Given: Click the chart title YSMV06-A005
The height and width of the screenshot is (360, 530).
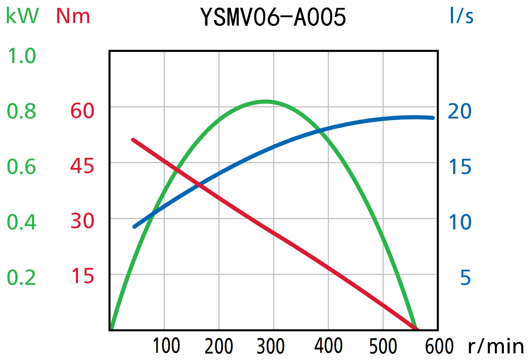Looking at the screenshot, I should [273, 17].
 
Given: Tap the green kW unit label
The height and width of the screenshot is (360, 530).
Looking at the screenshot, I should [22, 16].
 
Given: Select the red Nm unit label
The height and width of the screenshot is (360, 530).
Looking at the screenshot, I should [73, 16].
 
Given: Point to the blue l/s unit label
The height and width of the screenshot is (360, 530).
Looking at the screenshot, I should [461, 16].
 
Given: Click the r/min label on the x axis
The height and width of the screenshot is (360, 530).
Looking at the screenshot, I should [496, 346].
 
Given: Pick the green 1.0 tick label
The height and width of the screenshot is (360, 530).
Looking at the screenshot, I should [22, 56].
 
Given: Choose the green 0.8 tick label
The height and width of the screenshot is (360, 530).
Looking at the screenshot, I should [22, 111].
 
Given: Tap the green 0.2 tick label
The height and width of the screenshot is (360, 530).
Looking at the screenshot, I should [22, 278].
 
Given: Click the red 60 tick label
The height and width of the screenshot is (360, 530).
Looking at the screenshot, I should [82, 111].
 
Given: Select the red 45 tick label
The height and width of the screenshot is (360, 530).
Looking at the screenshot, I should [82, 166].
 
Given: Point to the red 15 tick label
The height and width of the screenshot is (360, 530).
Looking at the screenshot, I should [82, 276].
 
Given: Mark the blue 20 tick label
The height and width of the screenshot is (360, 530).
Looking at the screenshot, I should [460, 111].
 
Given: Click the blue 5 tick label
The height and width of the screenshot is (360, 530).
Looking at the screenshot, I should [465, 278].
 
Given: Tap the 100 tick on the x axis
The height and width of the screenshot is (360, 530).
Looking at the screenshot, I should [166, 346].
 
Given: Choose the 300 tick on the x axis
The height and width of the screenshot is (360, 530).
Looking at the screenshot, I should [271, 346].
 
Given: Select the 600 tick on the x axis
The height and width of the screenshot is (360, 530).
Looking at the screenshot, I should [439, 346].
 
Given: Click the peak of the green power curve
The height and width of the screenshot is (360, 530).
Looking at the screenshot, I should [266, 102].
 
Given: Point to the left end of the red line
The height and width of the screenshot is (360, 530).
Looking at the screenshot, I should [133, 140].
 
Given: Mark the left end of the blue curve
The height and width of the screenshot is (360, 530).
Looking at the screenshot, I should [135, 227].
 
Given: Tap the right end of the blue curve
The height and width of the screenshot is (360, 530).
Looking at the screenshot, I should [433, 118].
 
